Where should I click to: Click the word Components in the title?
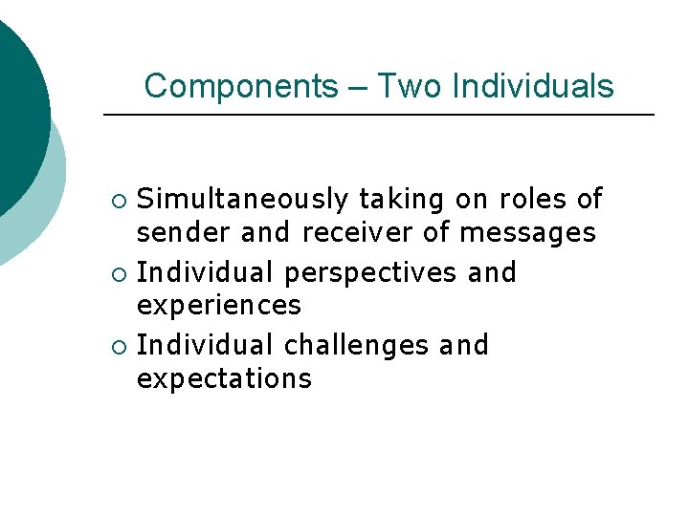point(240,87)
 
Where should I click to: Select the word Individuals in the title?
point(532,87)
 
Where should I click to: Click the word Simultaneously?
point(243,200)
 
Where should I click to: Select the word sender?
point(184,233)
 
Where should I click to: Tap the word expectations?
point(224,379)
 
